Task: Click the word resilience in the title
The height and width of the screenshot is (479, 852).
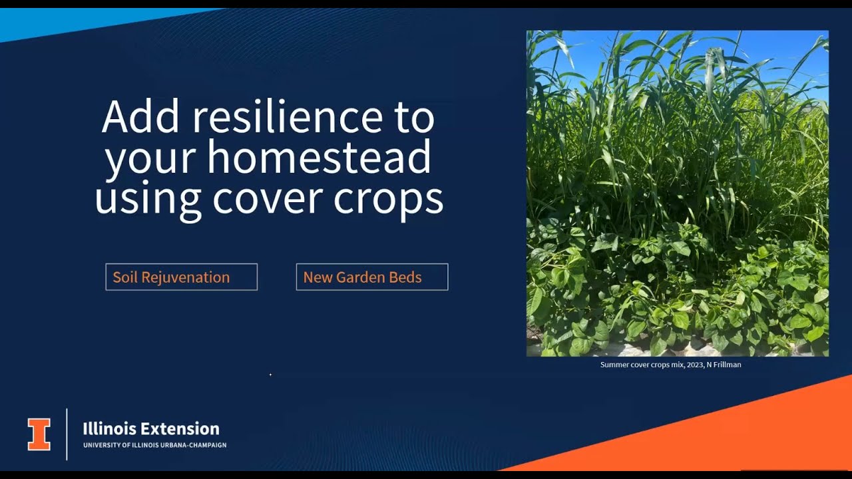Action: [x=288, y=117]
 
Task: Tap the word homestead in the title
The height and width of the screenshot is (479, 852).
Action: [x=319, y=158]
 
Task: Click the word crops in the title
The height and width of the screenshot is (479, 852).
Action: [x=388, y=198]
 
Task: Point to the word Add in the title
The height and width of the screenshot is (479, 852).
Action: [x=140, y=117]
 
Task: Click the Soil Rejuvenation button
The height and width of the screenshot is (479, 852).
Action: [x=181, y=277]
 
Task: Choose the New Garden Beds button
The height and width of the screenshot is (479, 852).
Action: [x=371, y=277]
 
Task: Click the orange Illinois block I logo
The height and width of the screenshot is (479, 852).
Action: [x=39, y=434]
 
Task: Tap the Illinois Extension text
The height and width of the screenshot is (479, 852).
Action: [x=151, y=428]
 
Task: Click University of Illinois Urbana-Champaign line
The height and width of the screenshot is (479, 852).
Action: [x=154, y=445]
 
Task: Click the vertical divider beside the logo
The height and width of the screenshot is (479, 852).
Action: [x=67, y=434]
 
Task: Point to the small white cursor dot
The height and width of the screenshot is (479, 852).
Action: [x=270, y=375]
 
